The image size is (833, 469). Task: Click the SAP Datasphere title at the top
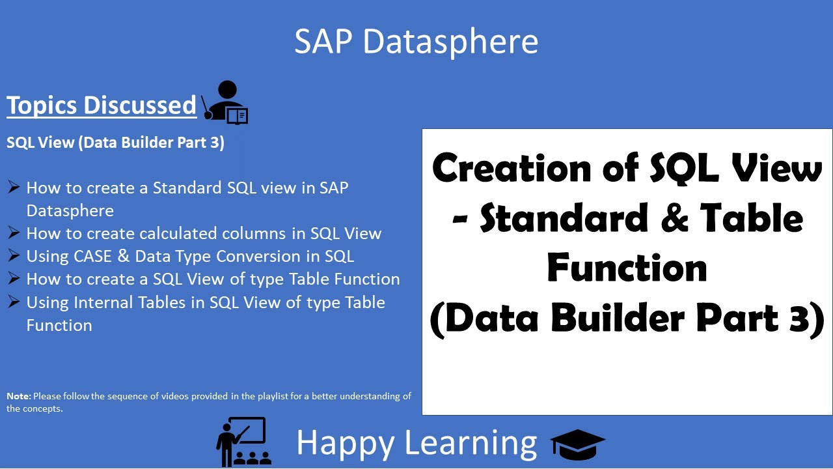(416, 41)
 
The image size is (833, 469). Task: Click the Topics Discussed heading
(102, 105)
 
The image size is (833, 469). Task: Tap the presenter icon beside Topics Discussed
(225, 103)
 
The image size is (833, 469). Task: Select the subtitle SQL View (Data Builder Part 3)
(115, 143)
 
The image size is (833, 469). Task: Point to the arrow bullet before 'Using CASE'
(14, 255)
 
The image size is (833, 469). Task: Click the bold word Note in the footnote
(18, 396)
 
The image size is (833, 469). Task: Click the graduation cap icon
(577, 444)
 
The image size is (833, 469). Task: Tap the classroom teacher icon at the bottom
(243, 441)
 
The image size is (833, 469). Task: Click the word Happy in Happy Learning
(345, 442)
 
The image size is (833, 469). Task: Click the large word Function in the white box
(627, 268)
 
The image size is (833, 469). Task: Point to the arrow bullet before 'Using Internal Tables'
(14, 302)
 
